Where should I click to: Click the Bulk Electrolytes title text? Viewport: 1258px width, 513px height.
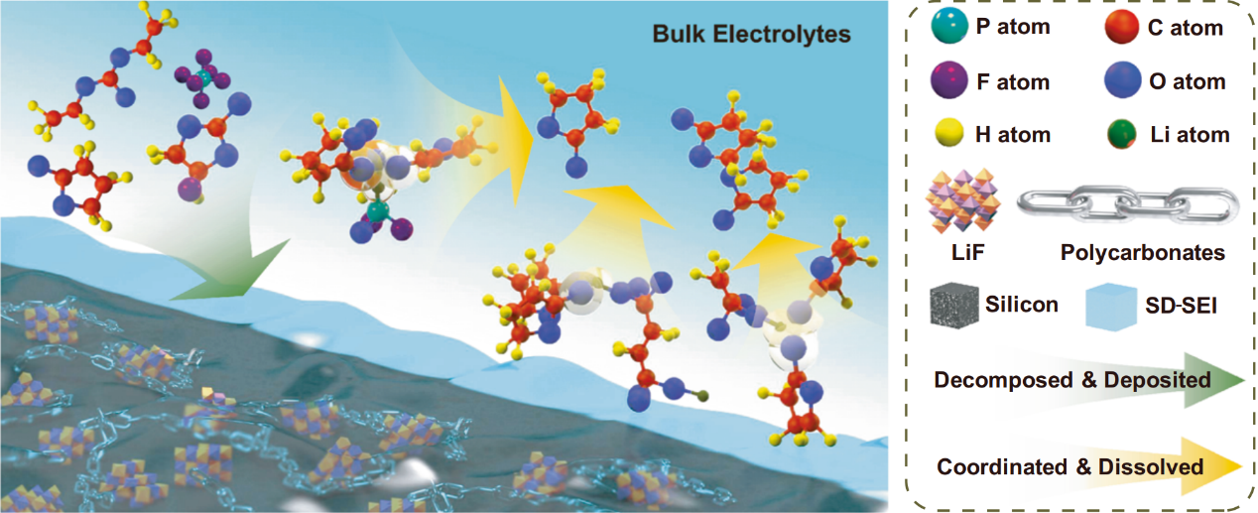point(751,35)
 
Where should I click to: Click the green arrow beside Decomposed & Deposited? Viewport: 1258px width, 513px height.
point(1091,381)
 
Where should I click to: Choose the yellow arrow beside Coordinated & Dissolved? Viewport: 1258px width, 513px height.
point(1091,466)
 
